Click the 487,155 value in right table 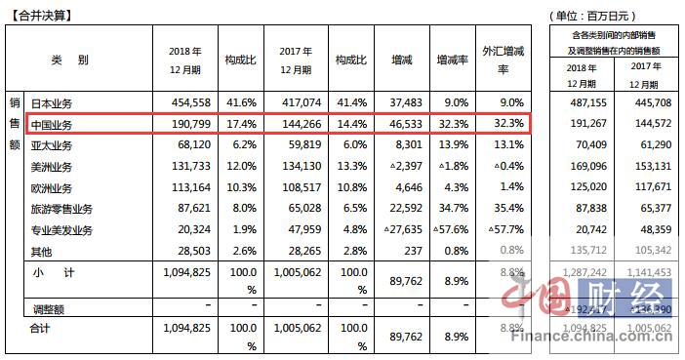click(585, 102)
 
